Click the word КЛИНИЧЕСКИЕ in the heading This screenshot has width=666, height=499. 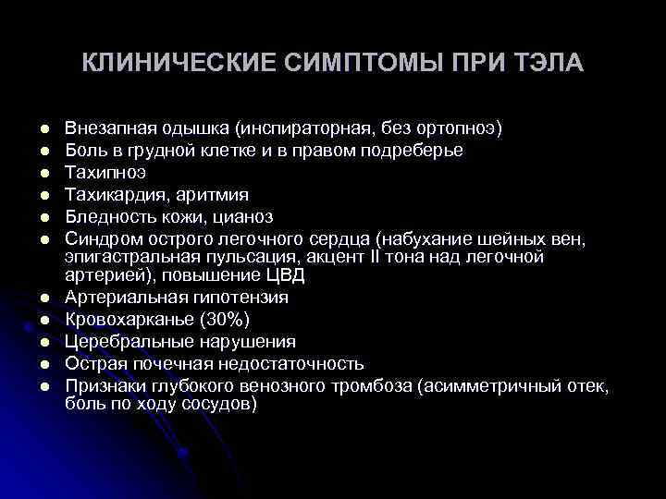(x=158, y=64)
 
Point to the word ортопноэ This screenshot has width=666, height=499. (x=461, y=128)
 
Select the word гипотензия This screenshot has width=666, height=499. (x=242, y=298)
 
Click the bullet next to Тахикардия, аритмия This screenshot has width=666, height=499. (x=43, y=195)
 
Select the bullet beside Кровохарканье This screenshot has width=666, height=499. (x=43, y=321)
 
